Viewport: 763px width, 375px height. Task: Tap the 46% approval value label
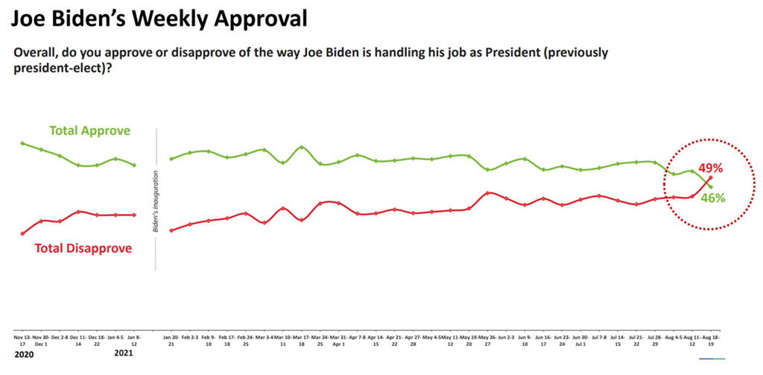712,198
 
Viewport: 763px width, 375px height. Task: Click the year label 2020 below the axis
25,356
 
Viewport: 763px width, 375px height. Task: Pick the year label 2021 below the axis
124,356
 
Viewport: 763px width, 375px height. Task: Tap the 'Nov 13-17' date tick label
22,341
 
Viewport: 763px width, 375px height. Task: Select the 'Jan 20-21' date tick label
171,341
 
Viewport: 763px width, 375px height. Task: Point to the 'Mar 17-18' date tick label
302,341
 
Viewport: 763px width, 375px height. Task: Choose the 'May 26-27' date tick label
487,341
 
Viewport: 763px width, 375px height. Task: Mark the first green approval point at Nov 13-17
22,143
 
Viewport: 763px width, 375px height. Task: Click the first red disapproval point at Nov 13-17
22,233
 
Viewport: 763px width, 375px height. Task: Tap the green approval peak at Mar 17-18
302,147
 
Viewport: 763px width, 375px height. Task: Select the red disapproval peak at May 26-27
487,192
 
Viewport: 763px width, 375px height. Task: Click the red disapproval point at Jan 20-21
171,230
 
